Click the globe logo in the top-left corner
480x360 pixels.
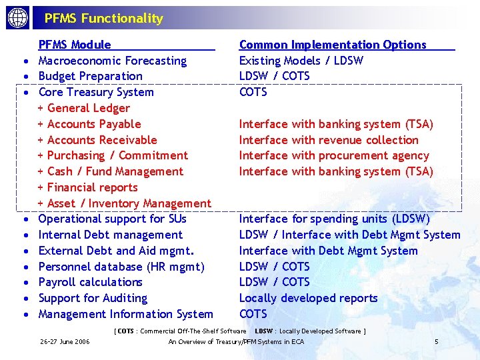17,18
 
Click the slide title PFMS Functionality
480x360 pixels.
103,19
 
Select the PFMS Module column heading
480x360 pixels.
75,45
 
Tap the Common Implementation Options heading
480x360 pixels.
332,45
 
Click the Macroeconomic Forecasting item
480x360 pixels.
112,61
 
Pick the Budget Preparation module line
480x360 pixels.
90,77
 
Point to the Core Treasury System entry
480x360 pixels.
96,93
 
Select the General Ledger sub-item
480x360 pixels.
88,108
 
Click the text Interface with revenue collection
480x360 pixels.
329,140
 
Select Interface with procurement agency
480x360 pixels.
333,156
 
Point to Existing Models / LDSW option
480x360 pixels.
301,61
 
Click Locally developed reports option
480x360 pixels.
308,299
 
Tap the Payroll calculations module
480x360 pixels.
90,283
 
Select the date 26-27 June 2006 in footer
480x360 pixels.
65,342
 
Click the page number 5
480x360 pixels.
436,342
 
